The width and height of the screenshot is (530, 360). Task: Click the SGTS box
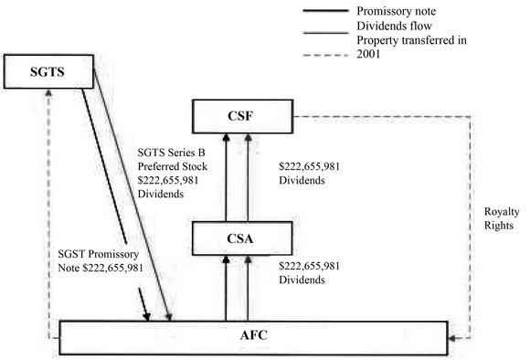pyautogui.click(x=48, y=71)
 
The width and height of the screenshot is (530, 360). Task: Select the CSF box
pyautogui.click(x=242, y=116)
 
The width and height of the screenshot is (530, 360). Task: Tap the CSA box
pyautogui.click(x=242, y=238)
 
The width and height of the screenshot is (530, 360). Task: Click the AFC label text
pyautogui.click(x=253, y=335)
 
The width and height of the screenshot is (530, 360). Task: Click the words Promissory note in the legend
pyautogui.click(x=397, y=11)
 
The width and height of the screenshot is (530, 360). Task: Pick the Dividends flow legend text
pyautogui.click(x=394, y=26)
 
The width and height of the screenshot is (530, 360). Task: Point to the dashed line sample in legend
pyautogui.click(x=325, y=56)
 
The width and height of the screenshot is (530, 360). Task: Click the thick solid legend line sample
pyautogui.click(x=325, y=11)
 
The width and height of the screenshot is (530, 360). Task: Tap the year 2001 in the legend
pyautogui.click(x=368, y=54)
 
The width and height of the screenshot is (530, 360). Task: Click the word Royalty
pyautogui.click(x=502, y=212)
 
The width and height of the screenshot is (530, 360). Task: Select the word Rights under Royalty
pyautogui.click(x=499, y=226)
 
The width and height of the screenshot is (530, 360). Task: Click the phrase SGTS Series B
pyautogui.click(x=171, y=153)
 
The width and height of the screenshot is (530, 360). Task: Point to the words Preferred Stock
pyautogui.click(x=173, y=166)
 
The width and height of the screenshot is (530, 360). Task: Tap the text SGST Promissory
pyautogui.click(x=98, y=254)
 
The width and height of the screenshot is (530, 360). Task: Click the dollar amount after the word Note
pyautogui.click(x=113, y=268)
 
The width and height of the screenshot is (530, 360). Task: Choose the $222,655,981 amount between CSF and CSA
pyautogui.click(x=309, y=166)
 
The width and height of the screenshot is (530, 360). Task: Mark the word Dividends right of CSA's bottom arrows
pyautogui.click(x=302, y=280)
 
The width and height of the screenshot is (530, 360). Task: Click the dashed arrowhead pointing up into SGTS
pyautogui.click(x=48, y=92)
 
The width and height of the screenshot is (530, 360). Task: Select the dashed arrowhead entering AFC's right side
pyautogui.click(x=452, y=338)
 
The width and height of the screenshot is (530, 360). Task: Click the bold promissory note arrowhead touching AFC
pyautogui.click(x=147, y=316)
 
